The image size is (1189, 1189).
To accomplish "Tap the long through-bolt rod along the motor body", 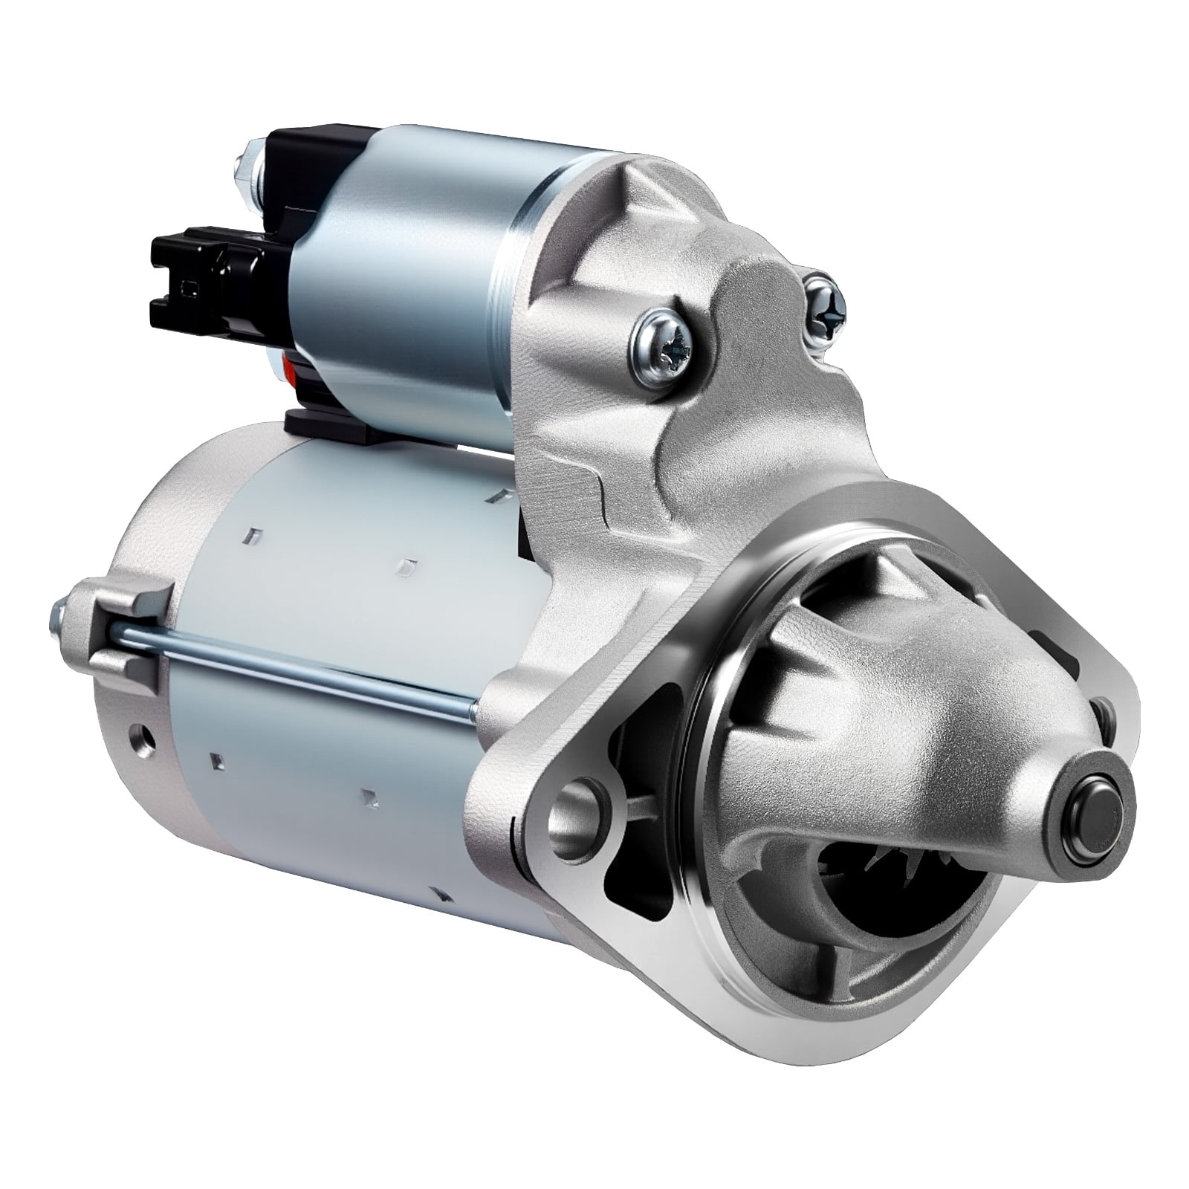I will tap(297, 669).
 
